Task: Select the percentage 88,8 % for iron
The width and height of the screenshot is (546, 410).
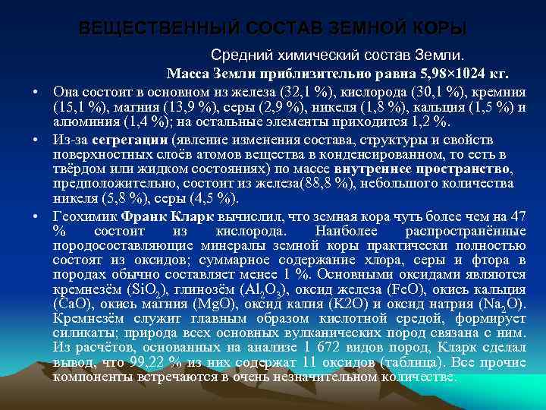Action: tap(330, 184)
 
